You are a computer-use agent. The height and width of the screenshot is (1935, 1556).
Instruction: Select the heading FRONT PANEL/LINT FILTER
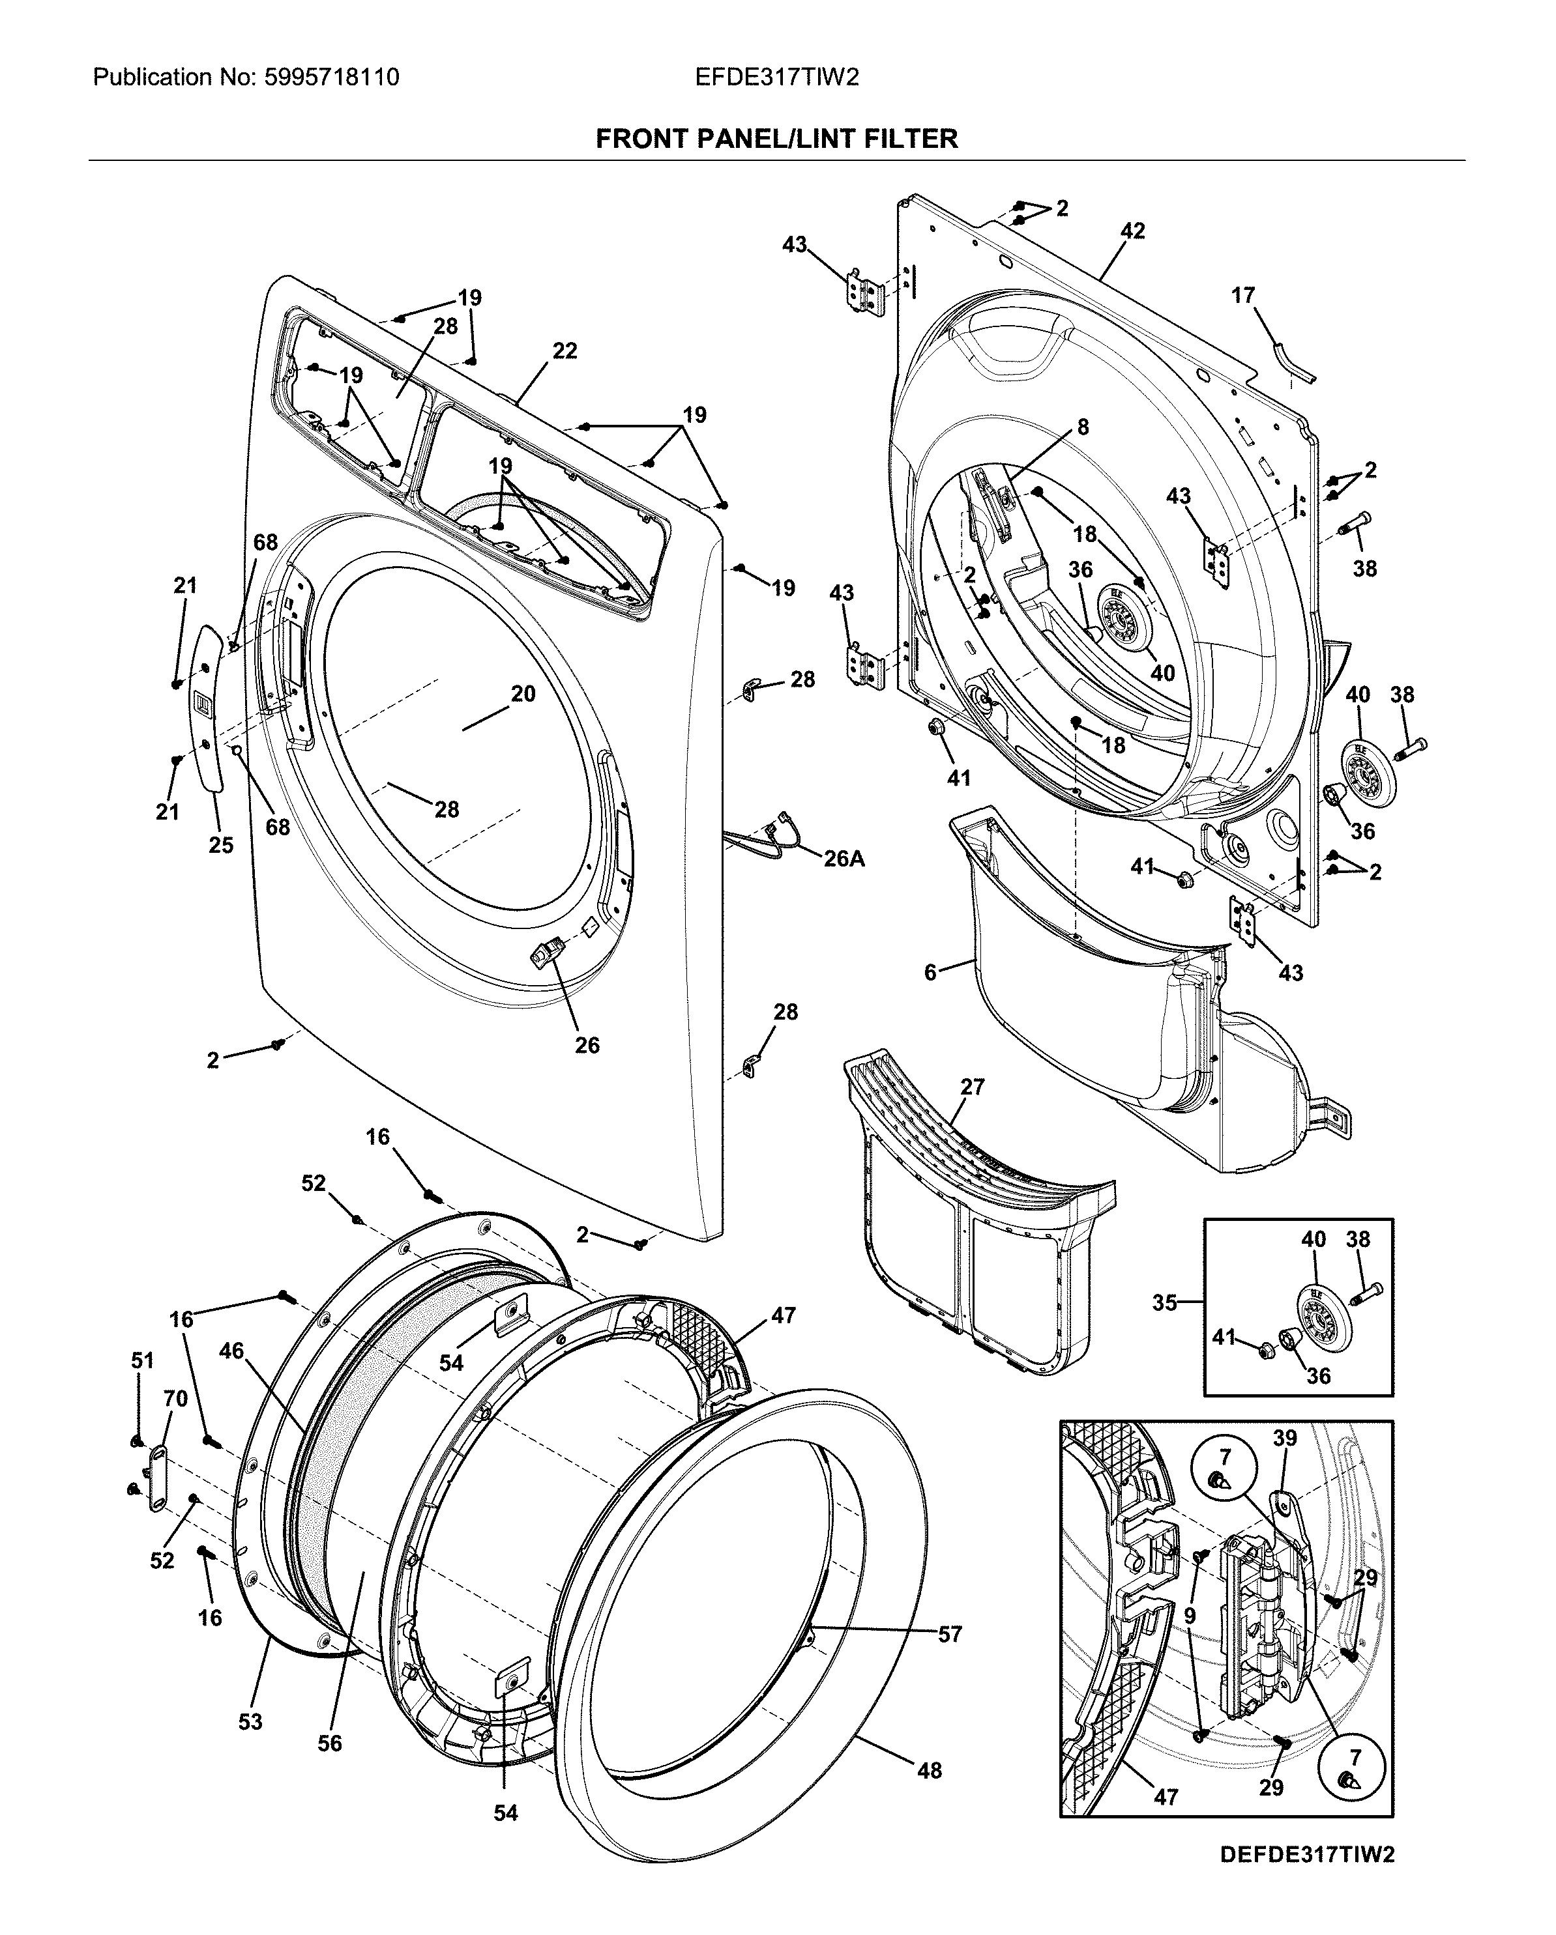pyautogui.click(x=776, y=139)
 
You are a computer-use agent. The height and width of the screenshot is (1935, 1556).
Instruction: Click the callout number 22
pyautogui.click(x=565, y=351)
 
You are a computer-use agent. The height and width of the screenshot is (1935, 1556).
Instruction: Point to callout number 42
pyautogui.click(x=1133, y=231)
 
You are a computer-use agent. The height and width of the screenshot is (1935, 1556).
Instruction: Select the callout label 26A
pyautogui.click(x=845, y=859)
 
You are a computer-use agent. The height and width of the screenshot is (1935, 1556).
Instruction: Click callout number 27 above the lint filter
pyautogui.click(x=973, y=1087)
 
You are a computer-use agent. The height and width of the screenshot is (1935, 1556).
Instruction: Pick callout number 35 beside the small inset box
pyautogui.click(x=1164, y=1302)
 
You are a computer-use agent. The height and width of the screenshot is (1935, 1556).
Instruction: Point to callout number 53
pyautogui.click(x=250, y=1721)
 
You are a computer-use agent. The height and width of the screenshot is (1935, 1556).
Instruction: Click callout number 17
pyautogui.click(x=1242, y=295)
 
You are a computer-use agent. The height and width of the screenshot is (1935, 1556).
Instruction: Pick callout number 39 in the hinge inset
pyautogui.click(x=1285, y=1439)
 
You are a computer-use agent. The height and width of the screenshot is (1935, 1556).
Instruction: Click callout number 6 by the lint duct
pyautogui.click(x=931, y=972)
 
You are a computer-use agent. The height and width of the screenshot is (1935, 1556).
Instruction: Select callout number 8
pyautogui.click(x=1083, y=427)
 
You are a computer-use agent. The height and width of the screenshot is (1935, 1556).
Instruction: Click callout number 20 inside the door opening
pyautogui.click(x=523, y=694)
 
